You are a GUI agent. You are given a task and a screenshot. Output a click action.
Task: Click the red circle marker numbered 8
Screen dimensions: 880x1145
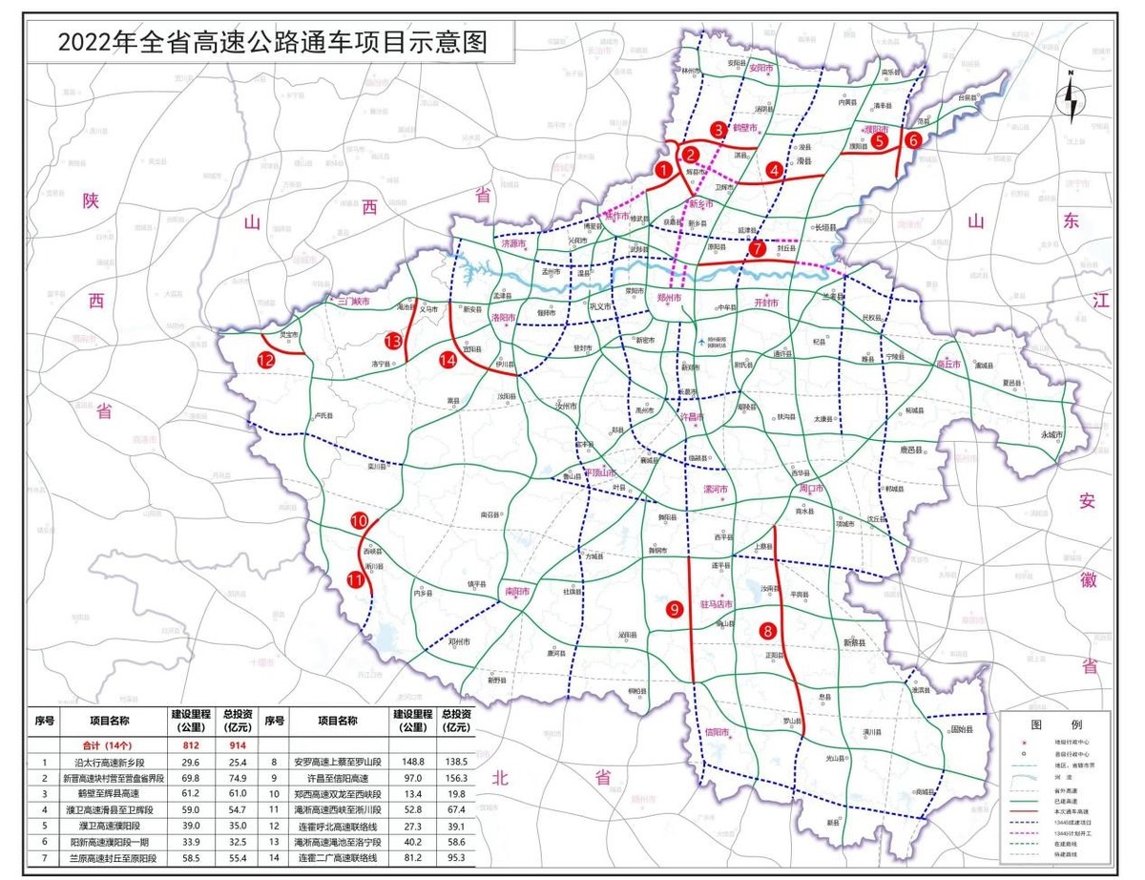coord(767,630)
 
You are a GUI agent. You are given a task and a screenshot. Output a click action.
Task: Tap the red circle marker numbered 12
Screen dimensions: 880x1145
coord(266,359)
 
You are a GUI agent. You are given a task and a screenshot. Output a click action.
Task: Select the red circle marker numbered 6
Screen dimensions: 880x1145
coord(913,139)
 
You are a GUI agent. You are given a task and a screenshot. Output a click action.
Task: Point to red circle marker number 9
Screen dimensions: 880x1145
coord(673,608)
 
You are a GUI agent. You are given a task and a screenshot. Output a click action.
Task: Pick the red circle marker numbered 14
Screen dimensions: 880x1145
coord(448,359)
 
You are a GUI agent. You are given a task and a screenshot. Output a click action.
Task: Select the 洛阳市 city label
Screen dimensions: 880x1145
coord(503,316)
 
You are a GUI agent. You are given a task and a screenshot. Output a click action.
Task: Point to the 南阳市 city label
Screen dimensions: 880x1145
coord(517,592)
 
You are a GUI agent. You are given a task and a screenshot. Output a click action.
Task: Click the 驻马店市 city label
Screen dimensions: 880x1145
coord(717,603)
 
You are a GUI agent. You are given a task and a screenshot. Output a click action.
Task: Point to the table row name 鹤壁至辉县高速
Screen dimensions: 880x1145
coord(111,794)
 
